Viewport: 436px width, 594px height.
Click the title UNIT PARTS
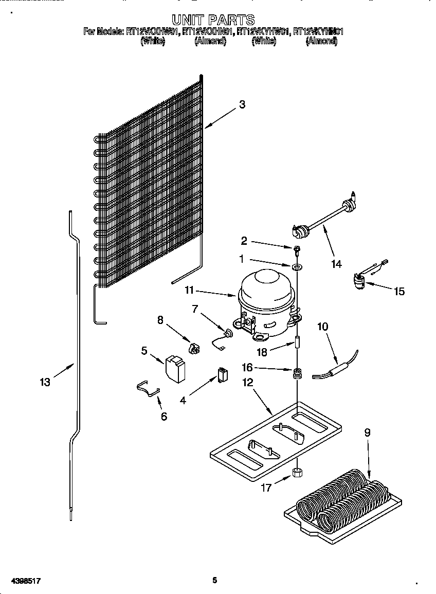click(213, 20)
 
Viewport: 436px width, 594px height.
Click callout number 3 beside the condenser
click(242, 104)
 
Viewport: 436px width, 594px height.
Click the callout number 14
click(336, 264)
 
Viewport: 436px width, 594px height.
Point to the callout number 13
click(45, 382)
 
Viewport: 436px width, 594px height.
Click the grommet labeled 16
click(297, 373)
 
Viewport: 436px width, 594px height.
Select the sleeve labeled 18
click(297, 343)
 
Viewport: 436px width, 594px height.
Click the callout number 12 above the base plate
click(248, 383)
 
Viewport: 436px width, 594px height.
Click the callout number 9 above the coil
click(367, 433)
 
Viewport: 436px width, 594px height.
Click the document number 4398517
click(22, 581)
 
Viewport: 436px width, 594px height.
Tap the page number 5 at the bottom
click(215, 580)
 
